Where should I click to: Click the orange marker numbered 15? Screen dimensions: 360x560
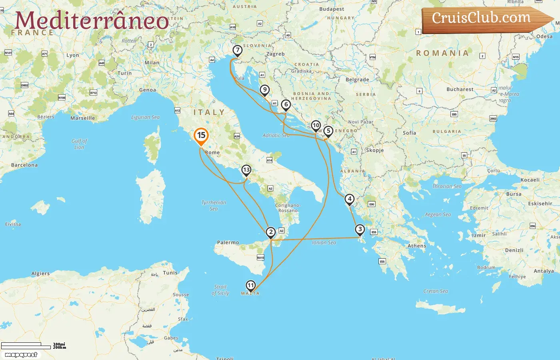coord(201,136)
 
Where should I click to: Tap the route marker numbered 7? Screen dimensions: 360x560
coord(238,50)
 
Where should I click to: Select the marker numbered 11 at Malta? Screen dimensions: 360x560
coord(250,285)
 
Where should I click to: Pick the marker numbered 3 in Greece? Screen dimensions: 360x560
coord(360,230)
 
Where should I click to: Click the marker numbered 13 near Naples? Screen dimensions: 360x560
coord(246,170)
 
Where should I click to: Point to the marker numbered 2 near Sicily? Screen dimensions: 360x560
coord(271,232)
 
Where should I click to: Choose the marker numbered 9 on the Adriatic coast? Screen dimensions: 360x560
coord(264,90)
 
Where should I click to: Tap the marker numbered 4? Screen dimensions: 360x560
coord(350,199)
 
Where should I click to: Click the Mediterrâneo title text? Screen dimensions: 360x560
coord(92,21)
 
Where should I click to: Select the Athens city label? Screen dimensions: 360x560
coord(417,246)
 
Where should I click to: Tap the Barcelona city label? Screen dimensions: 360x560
coord(24,165)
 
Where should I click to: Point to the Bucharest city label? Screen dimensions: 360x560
coord(460,89)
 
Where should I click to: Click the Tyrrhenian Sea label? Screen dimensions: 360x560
coord(214,206)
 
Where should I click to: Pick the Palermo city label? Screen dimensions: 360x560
coord(228,242)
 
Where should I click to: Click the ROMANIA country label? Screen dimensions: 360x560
coord(442,53)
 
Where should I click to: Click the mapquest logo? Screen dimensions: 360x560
coord(21,355)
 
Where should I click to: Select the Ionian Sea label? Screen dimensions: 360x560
coord(324,242)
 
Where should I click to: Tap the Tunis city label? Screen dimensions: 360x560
coord(170,273)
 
